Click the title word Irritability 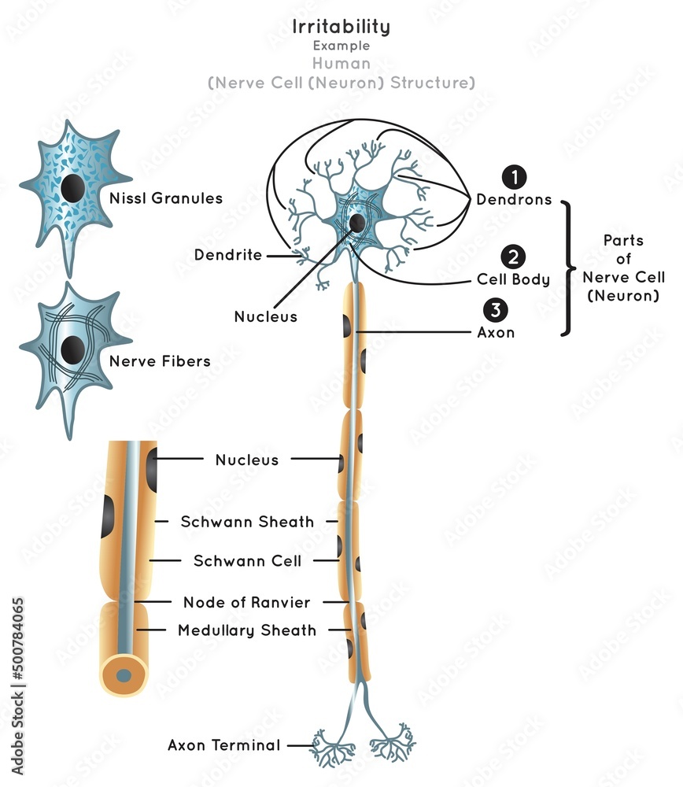[341, 26]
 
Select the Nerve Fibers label [160, 361]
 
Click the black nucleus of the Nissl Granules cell [74, 189]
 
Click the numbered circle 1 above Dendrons [513, 178]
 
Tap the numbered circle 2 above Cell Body [513, 257]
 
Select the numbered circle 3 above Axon [496, 310]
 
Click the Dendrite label [227, 255]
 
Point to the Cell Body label [513, 279]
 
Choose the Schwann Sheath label [247, 521]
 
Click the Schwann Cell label [247, 561]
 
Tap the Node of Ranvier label [246, 602]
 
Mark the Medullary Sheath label [246, 630]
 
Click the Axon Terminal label [223, 745]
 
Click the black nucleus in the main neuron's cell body [357, 223]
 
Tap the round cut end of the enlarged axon [124, 674]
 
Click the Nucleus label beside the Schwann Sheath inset [246, 460]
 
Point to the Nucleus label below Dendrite [266, 316]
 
